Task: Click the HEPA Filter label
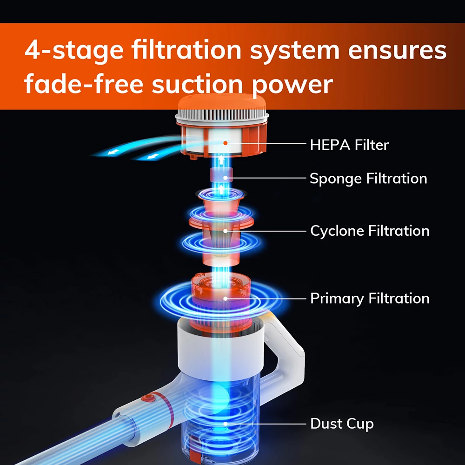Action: (349, 145)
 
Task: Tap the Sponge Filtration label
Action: (368, 179)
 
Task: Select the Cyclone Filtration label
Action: (370, 231)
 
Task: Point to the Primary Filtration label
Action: (370, 299)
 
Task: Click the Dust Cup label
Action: (342, 424)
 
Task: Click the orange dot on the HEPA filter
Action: (226, 143)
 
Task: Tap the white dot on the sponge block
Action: (226, 178)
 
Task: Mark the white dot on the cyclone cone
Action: (226, 231)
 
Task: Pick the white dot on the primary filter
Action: (226, 299)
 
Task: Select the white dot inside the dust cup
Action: (226, 424)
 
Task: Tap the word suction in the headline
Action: (197, 84)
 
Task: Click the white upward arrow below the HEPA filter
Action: (221, 159)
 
